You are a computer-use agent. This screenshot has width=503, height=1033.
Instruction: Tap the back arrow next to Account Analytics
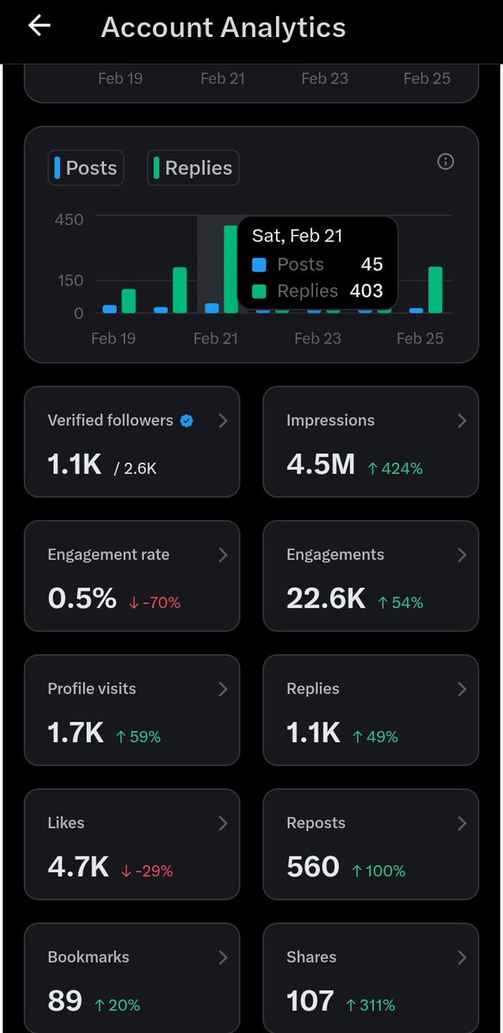pyautogui.click(x=40, y=26)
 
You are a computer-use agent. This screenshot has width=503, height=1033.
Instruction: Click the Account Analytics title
pyautogui.click(x=224, y=28)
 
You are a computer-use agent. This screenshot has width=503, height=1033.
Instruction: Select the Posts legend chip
pyautogui.click(x=85, y=168)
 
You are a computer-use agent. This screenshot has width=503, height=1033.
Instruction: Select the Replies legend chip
pyautogui.click(x=193, y=168)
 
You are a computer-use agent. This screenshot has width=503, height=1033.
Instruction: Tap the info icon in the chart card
pyautogui.click(x=445, y=162)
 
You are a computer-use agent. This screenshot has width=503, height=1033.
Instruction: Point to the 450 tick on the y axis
pyautogui.click(x=69, y=220)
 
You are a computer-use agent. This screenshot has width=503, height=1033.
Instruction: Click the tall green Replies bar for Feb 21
pyautogui.click(x=230, y=269)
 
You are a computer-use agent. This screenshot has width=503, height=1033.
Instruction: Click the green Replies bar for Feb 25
pyautogui.click(x=435, y=290)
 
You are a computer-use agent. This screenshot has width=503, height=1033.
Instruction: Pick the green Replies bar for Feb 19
pyautogui.click(x=129, y=301)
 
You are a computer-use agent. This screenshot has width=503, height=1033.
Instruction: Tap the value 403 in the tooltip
pyautogui.click(x=366, y=291)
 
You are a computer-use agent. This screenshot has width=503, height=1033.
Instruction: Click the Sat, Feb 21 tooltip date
pyautogui.click(x=298, y=236)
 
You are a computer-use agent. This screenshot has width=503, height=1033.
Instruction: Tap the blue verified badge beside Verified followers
pyautogui.click(x=187, y=421)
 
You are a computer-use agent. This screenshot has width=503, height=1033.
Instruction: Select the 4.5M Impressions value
pyautogui.click(x=321, y=465)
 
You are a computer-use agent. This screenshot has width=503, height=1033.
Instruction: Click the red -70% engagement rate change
pyautogui.click(x=155, y=603)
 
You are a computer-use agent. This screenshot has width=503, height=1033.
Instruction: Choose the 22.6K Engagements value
pyautogui.click(x=326, y=599)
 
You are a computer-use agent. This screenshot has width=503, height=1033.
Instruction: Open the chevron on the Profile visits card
pyautogui.click(x=223, y=689)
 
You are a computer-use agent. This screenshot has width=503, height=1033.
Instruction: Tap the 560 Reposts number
pyautogui.click(x=313, y=867)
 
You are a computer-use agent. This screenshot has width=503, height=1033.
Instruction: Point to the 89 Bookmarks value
pyautogui.click(x=65, y=1001)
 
